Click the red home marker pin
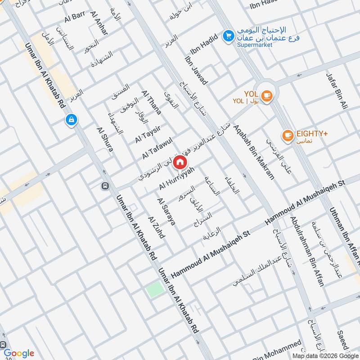tap(180, 162)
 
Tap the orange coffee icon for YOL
tap(267, 95)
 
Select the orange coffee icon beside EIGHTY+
tap(287, 135)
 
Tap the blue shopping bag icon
tap(71, 120)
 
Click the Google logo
tap(19, 353)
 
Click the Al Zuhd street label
tap(157, 227)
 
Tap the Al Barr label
tap(74, 18)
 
